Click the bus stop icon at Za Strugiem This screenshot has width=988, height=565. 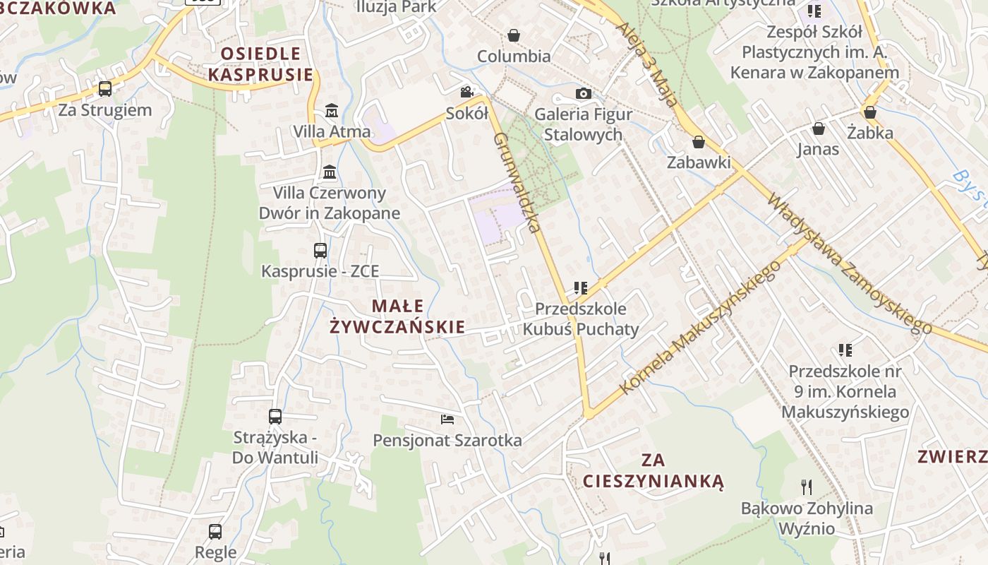105,89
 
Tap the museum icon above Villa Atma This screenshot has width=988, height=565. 331,111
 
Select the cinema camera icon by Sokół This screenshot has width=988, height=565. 466,93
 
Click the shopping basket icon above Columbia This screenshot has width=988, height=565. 514,35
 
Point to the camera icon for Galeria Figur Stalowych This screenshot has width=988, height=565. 583,93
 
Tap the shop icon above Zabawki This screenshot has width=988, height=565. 699,143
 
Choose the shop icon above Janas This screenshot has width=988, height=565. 819,129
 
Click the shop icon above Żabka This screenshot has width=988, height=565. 870,112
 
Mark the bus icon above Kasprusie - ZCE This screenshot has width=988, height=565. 320,251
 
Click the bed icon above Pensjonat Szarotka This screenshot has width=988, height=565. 447,420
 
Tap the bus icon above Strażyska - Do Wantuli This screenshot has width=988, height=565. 275,417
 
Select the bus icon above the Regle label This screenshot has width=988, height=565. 215,532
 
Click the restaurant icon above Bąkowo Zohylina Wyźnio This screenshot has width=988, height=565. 807,487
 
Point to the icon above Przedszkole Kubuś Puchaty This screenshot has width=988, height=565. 581,287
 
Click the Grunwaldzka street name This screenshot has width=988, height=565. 517,182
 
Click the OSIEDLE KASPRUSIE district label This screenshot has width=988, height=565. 260,64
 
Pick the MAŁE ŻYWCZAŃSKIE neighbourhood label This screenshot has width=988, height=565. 398,316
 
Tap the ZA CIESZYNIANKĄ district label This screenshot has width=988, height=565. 653,471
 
